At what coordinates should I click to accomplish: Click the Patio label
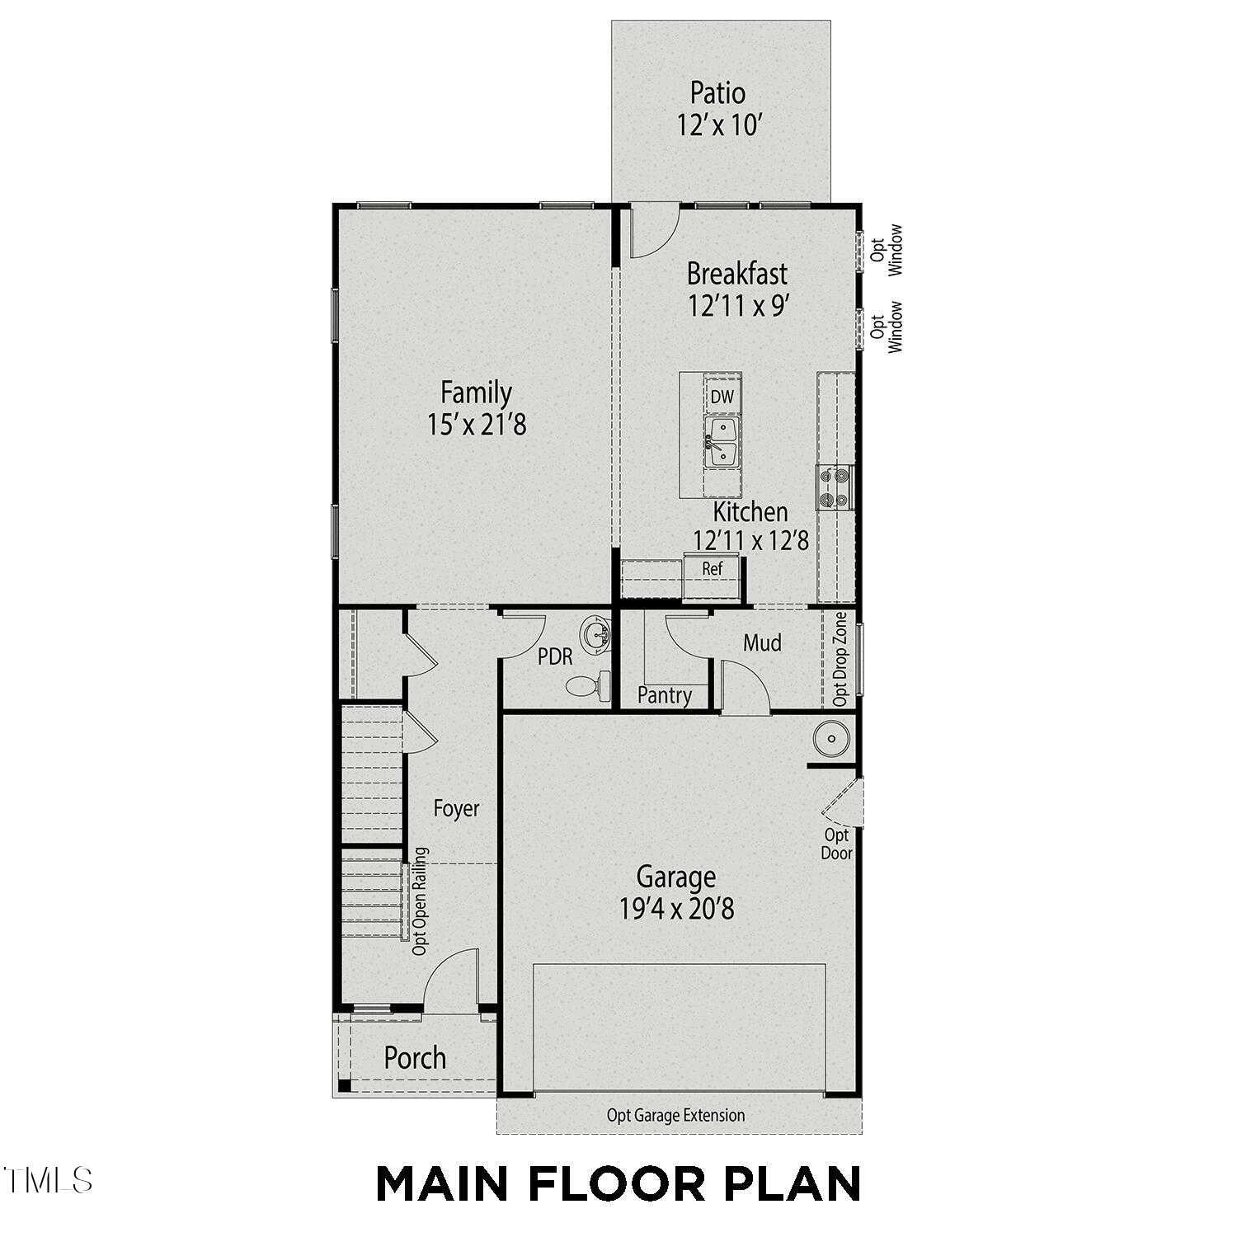(717, 92)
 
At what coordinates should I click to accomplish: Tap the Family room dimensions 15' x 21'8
(477, 425)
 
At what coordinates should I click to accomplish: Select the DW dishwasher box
(722, 397)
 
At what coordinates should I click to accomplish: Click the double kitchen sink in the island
(722, 442)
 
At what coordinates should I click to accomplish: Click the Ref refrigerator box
(712, 569)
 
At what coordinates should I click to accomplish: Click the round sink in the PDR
(595, 634)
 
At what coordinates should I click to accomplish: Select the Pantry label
(665, 695)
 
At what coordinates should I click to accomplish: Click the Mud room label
(762, 642)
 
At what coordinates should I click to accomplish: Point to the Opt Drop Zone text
(840, 658)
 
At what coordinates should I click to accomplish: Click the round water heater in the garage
(831, 738)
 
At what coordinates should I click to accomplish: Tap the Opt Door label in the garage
(836, 844)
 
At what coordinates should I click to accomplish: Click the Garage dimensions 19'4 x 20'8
(676, 909)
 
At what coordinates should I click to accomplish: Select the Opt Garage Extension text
(675, 1116)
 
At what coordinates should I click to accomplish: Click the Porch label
(415, 1058)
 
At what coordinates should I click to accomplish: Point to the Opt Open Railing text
(420, 901)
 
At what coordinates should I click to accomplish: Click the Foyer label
(456, 808)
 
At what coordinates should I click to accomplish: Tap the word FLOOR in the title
(617, 1184)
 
